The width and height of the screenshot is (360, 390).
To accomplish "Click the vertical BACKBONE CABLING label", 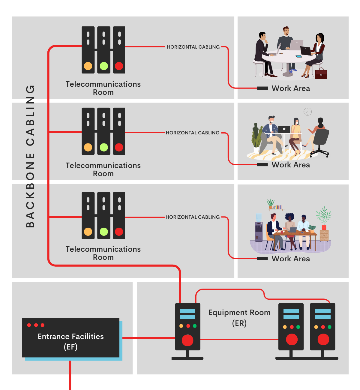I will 30,156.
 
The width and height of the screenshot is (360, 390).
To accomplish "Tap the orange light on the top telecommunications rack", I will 88,66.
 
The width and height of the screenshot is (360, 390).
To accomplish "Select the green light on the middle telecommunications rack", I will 104,147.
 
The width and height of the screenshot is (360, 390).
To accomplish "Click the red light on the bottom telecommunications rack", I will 119,232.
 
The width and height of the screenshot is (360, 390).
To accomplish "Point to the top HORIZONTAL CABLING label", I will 193,47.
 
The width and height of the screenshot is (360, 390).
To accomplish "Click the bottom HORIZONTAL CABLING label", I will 193,217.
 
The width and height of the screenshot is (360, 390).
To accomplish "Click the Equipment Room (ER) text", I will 239,317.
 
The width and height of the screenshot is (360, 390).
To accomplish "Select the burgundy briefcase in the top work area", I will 321,74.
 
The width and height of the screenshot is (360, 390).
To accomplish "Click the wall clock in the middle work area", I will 307,112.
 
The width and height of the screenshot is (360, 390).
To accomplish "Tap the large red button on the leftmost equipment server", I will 187,340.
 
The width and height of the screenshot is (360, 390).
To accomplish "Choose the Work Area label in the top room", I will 291,88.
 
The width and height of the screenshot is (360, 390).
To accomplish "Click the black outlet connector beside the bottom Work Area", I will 262,259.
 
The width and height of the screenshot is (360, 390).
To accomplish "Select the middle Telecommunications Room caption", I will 103,169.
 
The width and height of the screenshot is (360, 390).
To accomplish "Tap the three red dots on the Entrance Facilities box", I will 36,325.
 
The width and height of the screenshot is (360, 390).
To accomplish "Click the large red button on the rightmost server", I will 323,340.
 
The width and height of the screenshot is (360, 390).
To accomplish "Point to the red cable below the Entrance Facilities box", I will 70,375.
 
